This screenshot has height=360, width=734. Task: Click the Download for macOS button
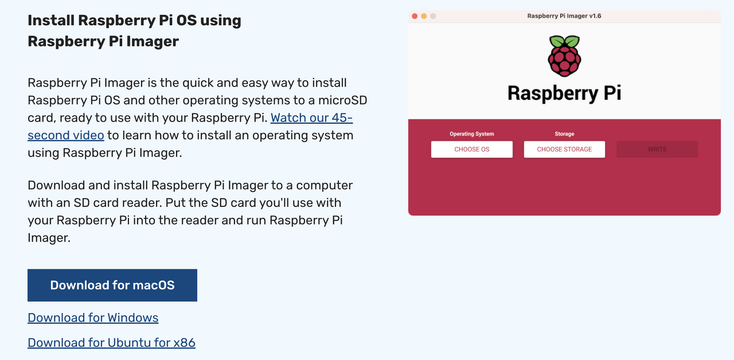click(x=112, y=285)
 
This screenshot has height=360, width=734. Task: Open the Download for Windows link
click(x=93, y=318)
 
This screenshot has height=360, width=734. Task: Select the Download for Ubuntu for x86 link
click(x=111, y=343)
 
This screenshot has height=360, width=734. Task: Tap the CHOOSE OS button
click(x=472, y=150)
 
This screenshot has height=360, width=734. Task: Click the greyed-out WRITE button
click(x=657, y=150)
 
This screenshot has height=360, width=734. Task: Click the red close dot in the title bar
click(x=415, y=16)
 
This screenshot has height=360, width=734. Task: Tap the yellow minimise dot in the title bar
click(x=424, y=16)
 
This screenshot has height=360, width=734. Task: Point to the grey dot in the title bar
click(x=433, y=16)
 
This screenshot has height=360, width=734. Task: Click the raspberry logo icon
click(x=565, y=57)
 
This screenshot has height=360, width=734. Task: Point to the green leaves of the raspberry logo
click(x=565, y=42)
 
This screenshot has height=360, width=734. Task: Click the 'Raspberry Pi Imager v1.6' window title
click(x=564, y=16)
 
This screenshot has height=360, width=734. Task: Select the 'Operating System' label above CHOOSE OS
click(x=472, y=134)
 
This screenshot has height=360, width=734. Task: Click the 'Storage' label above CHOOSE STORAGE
click(x=564, y=134)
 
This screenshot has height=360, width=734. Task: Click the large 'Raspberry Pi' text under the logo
click(x=564, y=93)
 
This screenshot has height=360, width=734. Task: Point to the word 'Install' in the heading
click(x=51, y=21)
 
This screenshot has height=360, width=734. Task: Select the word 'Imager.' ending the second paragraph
click(x=49, y=237)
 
